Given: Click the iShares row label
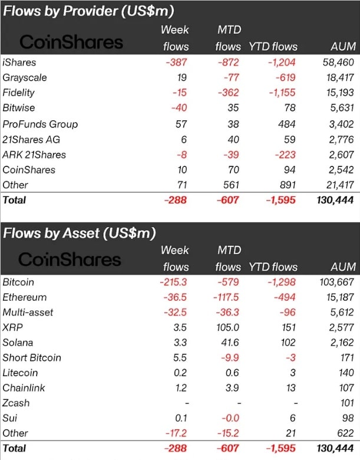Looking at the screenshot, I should pos(19,62).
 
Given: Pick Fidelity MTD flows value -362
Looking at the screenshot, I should pos(226,93).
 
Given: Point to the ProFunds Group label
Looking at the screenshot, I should pos(40,124).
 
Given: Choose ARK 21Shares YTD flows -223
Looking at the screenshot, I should pos(284,155).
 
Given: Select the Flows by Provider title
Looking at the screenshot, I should pos(88,11).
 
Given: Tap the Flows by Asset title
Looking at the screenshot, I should pos(80,233).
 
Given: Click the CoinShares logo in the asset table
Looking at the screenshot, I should pos(70,259).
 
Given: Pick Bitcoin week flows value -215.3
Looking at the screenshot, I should pos(174,282).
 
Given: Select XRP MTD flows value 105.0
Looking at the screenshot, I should pos(228,327).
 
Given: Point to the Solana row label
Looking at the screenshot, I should pos(18,342).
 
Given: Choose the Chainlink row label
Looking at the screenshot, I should pos(24,387).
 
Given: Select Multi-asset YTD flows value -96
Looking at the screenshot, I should pos(289,313).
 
